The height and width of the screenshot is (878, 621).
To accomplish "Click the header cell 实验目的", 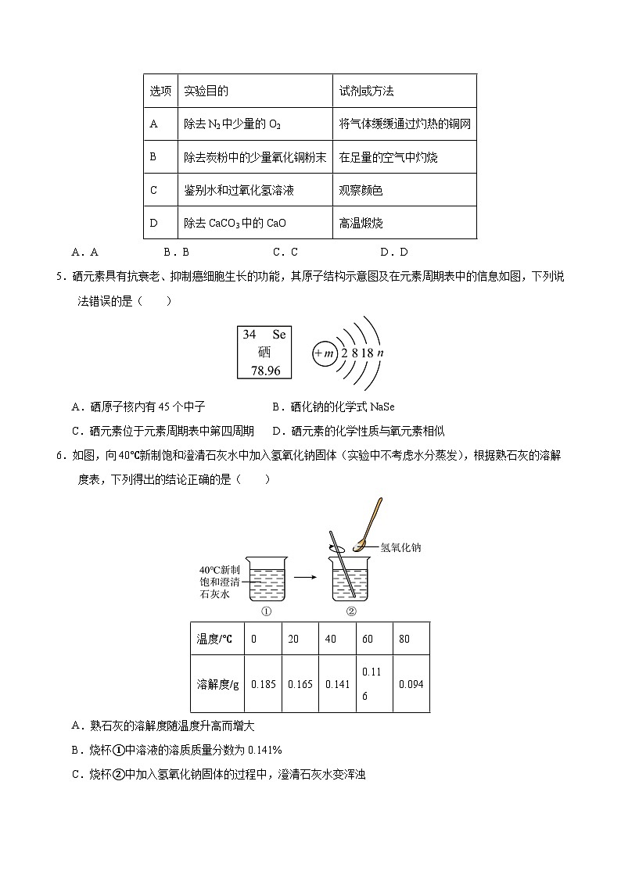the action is pyautogui.click(x=206, y=91).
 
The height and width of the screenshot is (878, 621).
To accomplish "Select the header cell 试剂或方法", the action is pyautogui.click(x=366, y=91).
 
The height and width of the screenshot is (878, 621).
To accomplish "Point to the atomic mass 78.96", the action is pyautogui.click(x=265, y=370).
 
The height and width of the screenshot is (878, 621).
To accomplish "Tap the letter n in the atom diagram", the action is pyautogui.click(x=380, y=353).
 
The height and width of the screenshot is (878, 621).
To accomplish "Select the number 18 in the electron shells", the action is pyautogui.click(x=367, y=353).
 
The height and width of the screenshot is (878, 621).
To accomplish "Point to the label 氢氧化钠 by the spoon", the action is pyautogui.click(x=401, y=548).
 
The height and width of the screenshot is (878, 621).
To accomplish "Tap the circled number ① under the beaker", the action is pyautogui.click(x=267, y=611).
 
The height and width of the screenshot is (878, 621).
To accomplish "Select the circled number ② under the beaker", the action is pyautogui.click(x=351, y=611).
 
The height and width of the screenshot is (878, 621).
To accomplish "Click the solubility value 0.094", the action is pyautogui.click(x=411, y=684).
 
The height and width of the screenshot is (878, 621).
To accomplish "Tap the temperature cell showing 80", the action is pyautogui.click(x=404, y=639).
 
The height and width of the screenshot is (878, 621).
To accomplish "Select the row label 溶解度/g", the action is pyautogui.click(x=217, y=684).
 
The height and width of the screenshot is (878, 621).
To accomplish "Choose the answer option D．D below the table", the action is pyautogui.click(x=393, y=252).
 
